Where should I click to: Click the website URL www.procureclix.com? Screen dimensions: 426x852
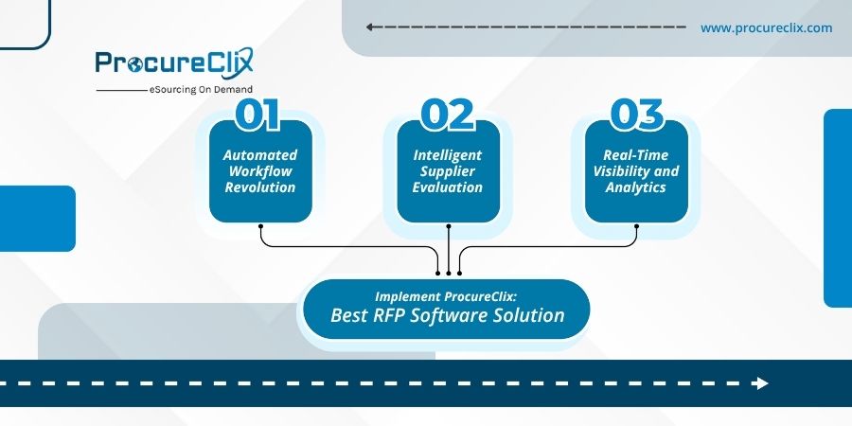click(x=766, y=27)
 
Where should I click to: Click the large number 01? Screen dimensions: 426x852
click(x=258, y=115)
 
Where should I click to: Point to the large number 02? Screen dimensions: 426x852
click(x=447, y=115)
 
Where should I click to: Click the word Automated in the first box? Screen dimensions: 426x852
click(x=259, y=154)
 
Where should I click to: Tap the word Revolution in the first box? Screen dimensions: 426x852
click(x=259, y=187)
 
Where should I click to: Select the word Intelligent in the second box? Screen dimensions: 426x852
click(x=447, y=154)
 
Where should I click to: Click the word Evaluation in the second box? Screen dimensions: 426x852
click(x=447, y=187)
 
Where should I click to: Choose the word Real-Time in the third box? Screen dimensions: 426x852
click(x=635, y=154)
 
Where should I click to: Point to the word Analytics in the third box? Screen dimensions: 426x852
click(x=635, y=187)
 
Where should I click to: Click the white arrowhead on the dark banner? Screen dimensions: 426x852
click(x=760, y=383)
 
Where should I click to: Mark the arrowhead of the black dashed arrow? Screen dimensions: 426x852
click(x=370, y=27)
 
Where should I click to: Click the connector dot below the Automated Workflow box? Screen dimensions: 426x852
click(x=259, y=225)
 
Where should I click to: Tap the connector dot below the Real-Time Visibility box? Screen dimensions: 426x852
click(x=635, y=225)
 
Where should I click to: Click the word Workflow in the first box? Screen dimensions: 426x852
click(x=259, y=171)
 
